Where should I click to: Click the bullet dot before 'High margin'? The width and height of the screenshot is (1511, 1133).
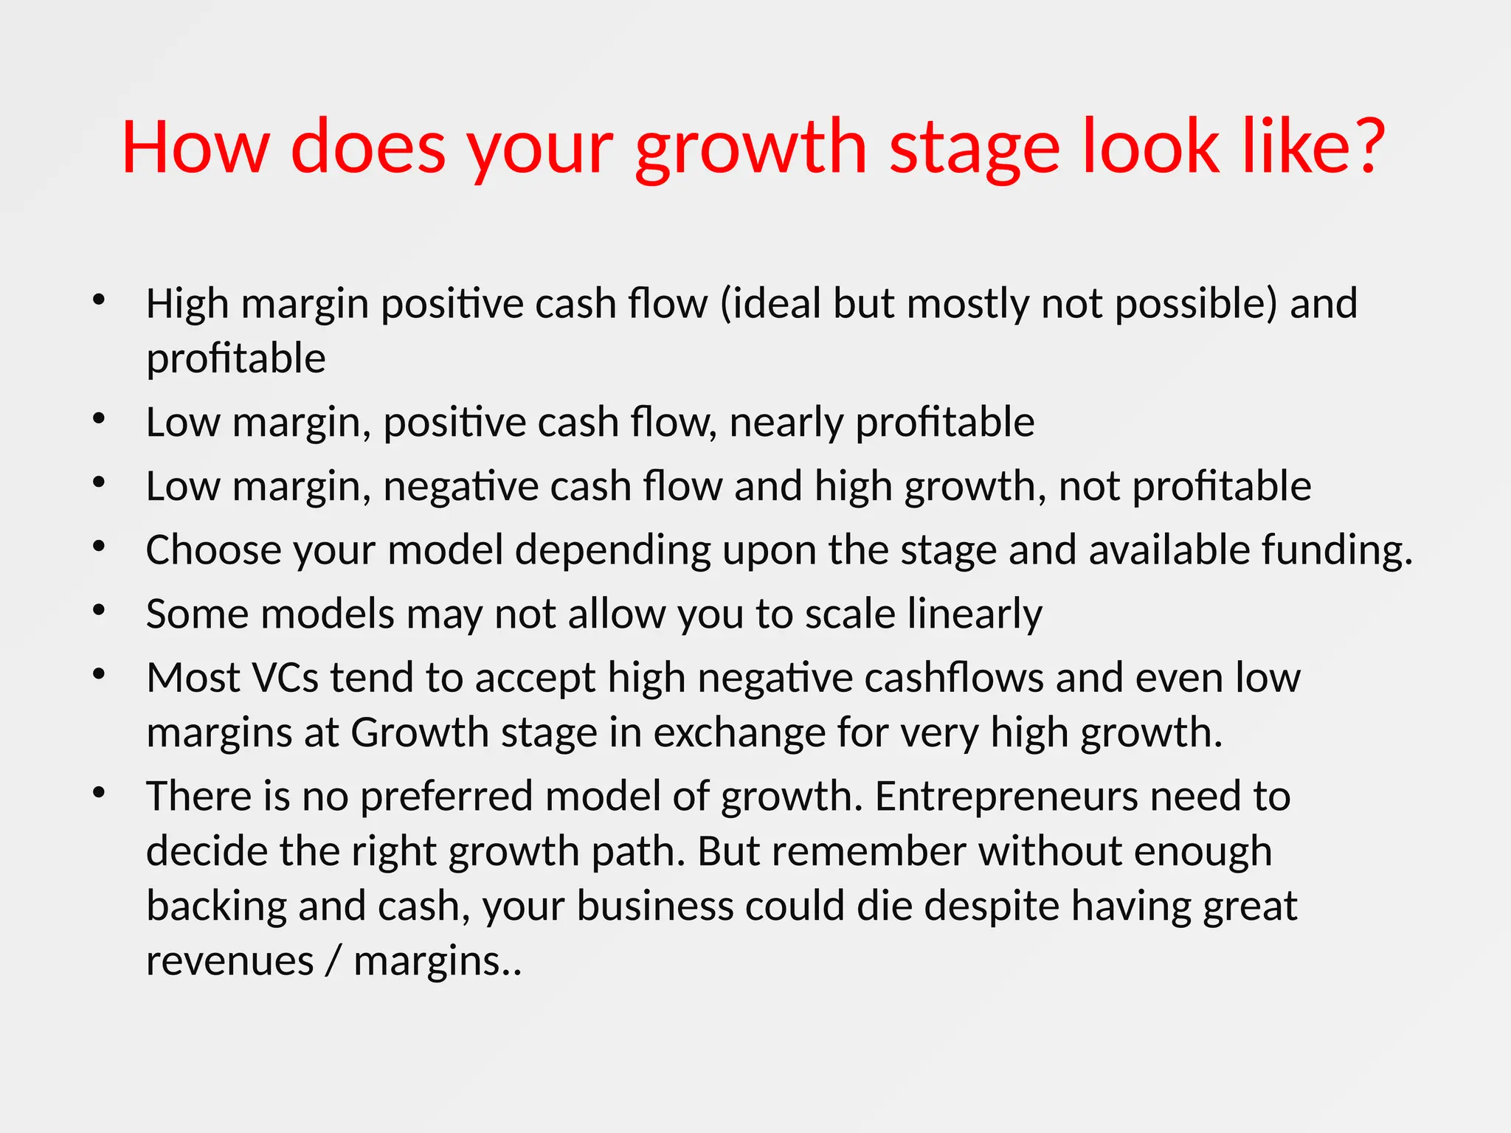(99, 300)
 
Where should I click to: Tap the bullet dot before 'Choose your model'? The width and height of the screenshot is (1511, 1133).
(99, 547)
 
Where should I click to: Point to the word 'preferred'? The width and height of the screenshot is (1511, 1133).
(446, 797)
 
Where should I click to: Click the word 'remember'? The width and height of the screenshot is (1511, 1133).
(869, 851)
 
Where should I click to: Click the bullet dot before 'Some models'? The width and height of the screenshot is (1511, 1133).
(99, 611)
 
